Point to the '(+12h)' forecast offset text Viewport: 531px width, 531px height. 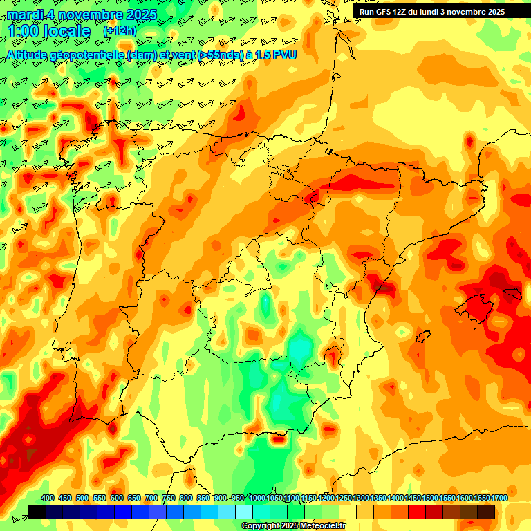tap(120, 31)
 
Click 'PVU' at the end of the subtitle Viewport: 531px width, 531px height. tap(284, 54)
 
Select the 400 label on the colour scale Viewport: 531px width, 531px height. tap(48, 499)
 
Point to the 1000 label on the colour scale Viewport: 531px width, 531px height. tap(257, 499)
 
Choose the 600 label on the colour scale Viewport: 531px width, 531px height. tap(117, 499)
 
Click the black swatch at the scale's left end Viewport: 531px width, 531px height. tap(37, 512)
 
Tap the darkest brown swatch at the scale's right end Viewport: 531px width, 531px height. tap(486, 512)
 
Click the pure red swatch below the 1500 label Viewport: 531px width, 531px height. tap(417, 512)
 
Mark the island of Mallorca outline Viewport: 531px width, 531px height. tap(472, 304)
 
